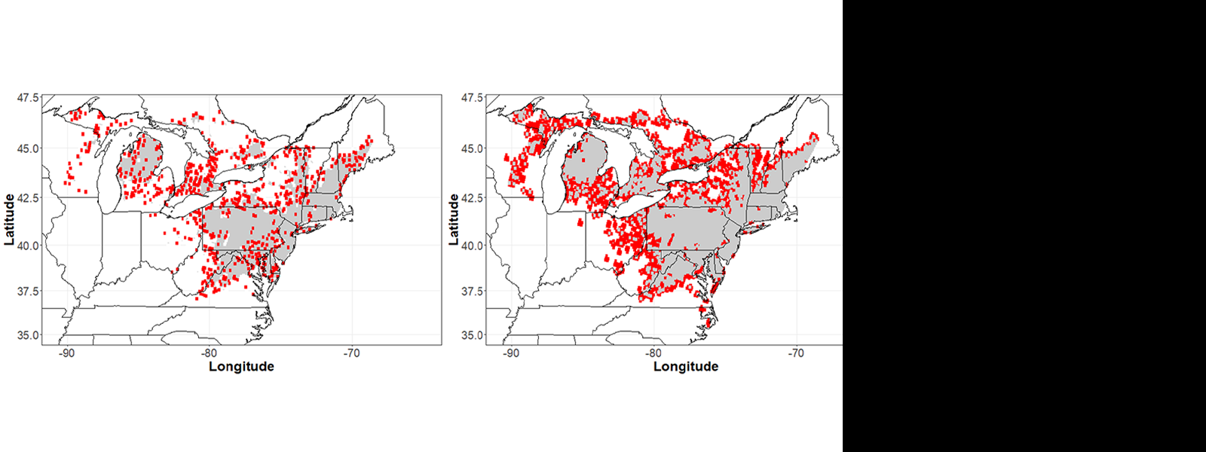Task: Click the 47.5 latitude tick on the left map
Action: point(28,98)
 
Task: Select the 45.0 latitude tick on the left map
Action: point(28,148)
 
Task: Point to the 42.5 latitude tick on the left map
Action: point(28,198)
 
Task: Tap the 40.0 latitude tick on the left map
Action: point(28,246)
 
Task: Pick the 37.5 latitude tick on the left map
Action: point(28,292)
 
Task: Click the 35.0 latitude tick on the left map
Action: point(28,335)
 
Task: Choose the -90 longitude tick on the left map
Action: point(66,353)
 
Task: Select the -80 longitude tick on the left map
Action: point(209,353)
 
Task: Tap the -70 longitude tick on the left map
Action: point(351,353)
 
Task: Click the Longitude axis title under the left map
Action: point(241,367)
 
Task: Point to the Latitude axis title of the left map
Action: point(10,219)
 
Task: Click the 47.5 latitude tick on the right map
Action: point(473,98)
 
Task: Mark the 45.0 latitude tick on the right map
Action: point(473,148)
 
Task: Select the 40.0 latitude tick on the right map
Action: point(473,246)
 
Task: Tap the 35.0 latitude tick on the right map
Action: point(473,335)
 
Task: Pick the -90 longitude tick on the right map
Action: point(511,353)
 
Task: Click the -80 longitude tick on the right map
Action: point(654,353)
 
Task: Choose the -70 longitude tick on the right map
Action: point(796,353)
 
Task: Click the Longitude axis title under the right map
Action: point(686,367)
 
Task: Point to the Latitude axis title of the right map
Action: point(455,219)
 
